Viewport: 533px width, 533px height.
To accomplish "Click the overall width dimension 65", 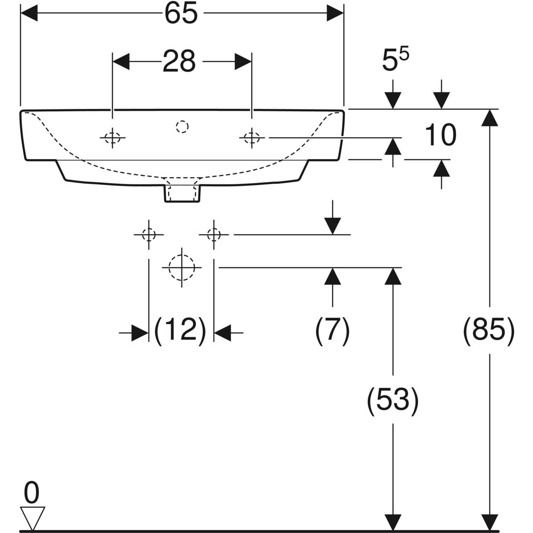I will [x=181, y=14].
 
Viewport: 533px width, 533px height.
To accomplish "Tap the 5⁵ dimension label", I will [x=395, y=60].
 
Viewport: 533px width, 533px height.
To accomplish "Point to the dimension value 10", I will [x=440, y=135].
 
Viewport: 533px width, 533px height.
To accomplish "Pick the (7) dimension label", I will [x=333, y=331].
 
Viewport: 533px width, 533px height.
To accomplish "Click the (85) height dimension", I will [x=489, y=331].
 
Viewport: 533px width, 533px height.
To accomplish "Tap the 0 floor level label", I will [x=32, y=493].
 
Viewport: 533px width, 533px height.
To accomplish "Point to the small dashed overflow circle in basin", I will [x=182, y=127].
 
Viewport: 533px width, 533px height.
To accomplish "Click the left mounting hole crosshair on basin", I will [x=113, y=138].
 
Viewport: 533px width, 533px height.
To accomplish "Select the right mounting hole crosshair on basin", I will [x=252, y=138].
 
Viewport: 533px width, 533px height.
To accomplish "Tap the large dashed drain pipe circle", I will [x=182, y=267].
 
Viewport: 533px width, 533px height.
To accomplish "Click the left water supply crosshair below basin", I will [x=148, y=234].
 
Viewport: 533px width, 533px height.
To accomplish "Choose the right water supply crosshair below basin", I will [x=214, y=234].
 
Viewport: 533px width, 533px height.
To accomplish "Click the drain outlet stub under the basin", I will [x=182, y=192].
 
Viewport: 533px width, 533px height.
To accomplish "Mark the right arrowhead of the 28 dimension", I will [x=243, y=62].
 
